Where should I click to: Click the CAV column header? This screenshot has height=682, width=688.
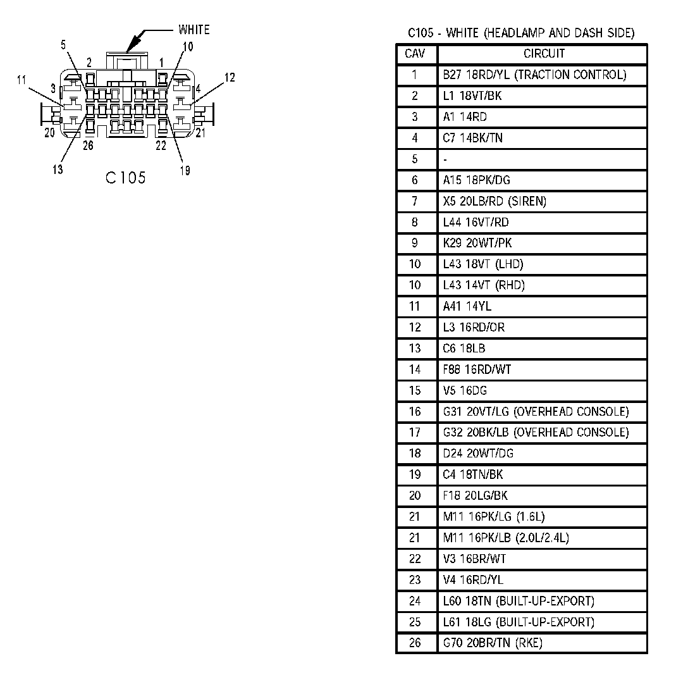pos(415,54)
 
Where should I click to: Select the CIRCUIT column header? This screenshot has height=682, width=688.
pos(544,54)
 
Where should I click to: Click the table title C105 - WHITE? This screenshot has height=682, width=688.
pos(521,33)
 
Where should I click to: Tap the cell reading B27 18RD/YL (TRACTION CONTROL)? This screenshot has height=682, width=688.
pos(534,75)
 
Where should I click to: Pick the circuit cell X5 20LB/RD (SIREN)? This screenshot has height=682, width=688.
pos(494,201)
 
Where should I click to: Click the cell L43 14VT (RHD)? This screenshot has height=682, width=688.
pos(484,285)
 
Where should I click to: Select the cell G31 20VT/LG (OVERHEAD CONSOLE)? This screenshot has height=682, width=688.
pos(536,412)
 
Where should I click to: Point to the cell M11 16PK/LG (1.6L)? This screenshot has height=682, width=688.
pos(493,517)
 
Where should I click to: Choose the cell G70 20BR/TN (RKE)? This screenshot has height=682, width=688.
pos(493,643)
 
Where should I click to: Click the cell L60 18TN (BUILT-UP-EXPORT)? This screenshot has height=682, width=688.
pos(519,601)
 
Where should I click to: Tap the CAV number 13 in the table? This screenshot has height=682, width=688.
pos(415,349)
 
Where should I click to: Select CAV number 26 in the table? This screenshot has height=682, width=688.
pos(415,643)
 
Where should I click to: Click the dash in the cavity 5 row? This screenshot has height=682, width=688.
pos(445,159)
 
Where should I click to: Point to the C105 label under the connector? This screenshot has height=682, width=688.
pos(126,178)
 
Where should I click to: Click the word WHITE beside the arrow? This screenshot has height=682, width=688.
pos(193,30)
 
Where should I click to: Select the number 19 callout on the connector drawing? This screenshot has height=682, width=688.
pos(185,170)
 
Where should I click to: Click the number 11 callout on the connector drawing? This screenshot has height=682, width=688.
pos(22,80)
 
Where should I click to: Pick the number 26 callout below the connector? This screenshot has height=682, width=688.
pos(88,145)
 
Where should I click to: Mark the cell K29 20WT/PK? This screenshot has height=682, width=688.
pos(477,243)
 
